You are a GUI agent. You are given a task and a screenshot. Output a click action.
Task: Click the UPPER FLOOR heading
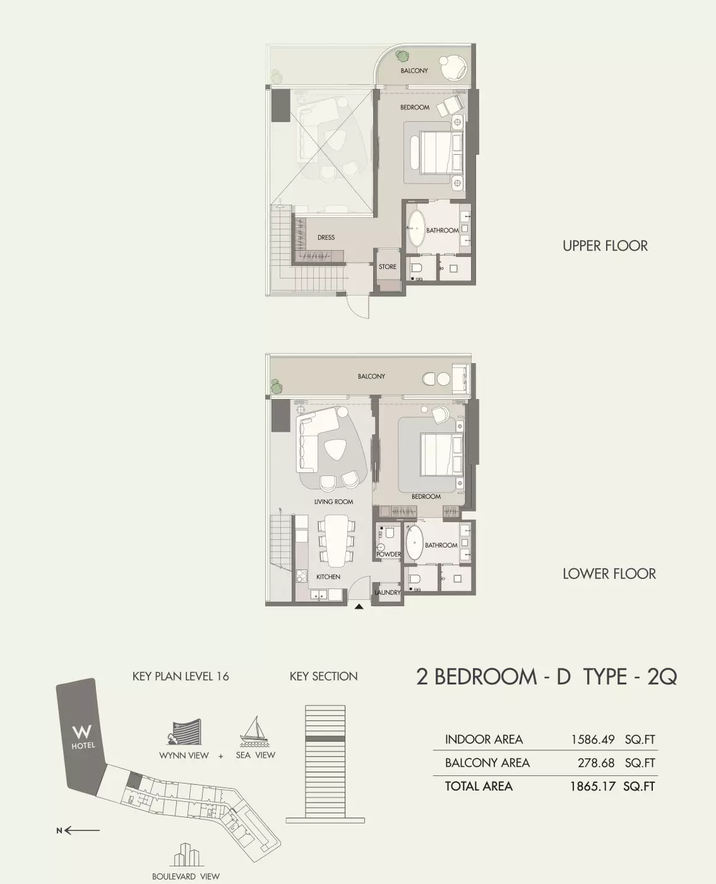pos(605,246)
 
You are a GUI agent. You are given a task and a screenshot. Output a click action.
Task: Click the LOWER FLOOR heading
pos(609,574)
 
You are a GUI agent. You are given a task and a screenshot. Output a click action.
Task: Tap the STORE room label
pos(388,267)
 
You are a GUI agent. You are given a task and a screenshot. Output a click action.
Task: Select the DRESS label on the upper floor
pos(326,237)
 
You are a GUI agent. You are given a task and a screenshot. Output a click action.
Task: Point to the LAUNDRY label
pos(387,592)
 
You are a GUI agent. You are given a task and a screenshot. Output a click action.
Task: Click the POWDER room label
pos(388,554)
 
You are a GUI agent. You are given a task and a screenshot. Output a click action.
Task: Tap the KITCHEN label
pos(328,576)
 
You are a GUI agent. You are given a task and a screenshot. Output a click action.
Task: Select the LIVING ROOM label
pos(333,502)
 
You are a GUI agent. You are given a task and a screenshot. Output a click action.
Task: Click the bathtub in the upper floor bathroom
pos(417,228)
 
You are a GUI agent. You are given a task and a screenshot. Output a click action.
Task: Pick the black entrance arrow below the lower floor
pos(359,607)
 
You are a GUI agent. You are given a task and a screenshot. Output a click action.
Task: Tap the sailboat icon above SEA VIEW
pos(254,731)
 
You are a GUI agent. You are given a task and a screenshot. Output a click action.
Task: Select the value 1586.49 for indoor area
pos(592,739)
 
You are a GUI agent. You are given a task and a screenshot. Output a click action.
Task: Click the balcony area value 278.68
pos(596,763)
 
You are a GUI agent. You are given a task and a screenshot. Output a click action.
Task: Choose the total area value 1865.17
pos(592,786)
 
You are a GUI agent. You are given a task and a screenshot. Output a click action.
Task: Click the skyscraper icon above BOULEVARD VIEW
pos(186,855)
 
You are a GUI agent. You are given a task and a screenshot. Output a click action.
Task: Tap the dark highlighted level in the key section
pos(325,738)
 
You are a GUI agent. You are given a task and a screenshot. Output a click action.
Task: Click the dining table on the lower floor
pos(335,541)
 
